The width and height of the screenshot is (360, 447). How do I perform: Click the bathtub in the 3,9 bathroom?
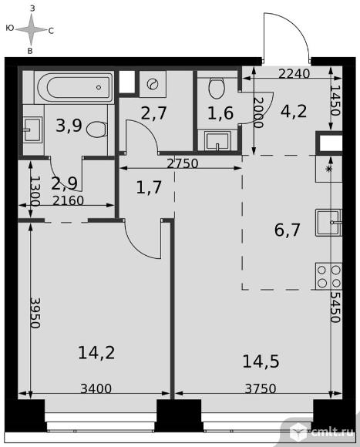click(74, 87)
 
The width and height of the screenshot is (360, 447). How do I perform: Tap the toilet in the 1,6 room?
click(217, 88)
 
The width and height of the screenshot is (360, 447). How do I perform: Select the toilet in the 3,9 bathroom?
click(96, 129)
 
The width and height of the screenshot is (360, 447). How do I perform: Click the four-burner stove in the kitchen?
click(328, 276)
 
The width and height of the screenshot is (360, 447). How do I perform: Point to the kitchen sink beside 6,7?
click(328, 223)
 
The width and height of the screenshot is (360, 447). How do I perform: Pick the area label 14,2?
click(96, 353)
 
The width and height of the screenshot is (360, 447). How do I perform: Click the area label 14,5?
click(261, 361)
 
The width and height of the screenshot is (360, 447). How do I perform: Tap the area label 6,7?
click(287, 230)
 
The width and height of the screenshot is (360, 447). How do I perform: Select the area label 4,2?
click(294, 111)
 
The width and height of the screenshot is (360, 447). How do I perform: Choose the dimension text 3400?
click(96, 388)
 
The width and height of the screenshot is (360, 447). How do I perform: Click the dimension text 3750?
click(261, 388)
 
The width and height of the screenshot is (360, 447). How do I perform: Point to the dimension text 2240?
click(294, 74)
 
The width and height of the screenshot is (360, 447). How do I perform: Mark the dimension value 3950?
click(35, 313)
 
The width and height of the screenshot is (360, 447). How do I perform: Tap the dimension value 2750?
click(183, 163)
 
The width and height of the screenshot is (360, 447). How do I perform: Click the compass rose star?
click(31, 29)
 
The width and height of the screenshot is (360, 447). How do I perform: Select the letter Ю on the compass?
click(10, 28)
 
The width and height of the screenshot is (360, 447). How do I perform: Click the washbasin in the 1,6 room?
click(217, 141)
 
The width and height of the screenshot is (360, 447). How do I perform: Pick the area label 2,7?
click(153, 113)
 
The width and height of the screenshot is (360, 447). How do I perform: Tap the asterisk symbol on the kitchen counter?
click(329, 169)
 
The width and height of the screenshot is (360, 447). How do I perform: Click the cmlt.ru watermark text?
click(332, 432)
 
